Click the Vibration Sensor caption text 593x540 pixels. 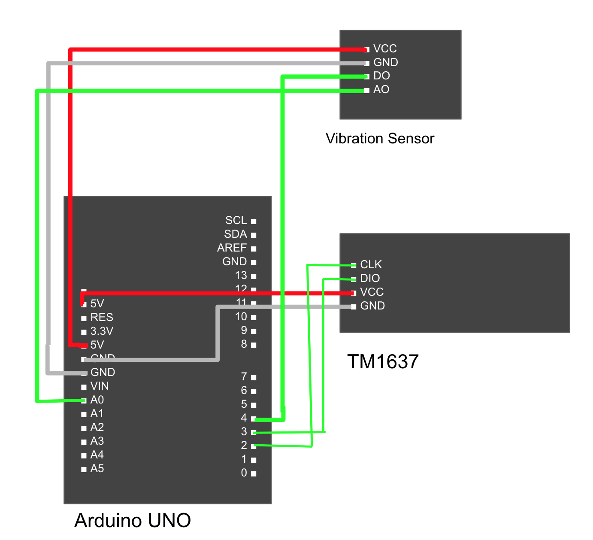point(380,139)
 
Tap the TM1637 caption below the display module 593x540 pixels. point(382,361)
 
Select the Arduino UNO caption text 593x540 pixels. point(133,520)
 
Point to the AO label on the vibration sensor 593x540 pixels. point(381,90)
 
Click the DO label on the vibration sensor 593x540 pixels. point(381,76)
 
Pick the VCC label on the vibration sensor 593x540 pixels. point(385,49)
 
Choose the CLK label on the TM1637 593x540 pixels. point(371,264)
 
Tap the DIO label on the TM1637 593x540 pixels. point(370,278)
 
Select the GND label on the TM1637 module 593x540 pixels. point(372,306)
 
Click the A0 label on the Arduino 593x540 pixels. point(97,400)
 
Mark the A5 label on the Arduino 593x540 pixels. point(97,469)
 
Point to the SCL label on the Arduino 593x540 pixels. point(236,221)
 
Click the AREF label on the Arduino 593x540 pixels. point(232,248)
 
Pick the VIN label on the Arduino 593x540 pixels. point(100,386)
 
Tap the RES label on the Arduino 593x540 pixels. point(102,318)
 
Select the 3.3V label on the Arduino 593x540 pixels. point(102,331)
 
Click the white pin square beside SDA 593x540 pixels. point(254,235)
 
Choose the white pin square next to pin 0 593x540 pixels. point(254,474)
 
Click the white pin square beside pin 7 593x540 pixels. point(254,378)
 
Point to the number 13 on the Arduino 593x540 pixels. point(241,276)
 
